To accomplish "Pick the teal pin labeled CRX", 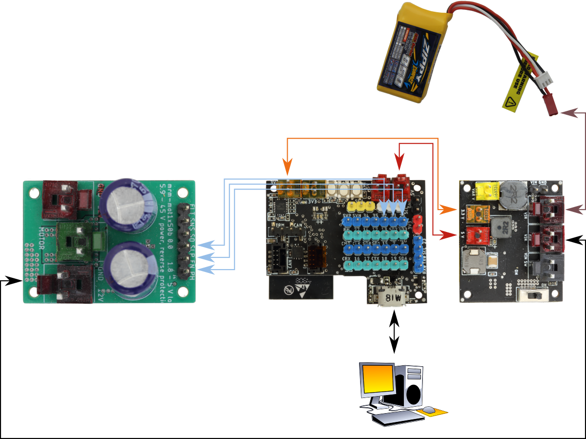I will [x=347, y=265].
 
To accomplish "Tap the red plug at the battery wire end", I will [x=551, y=108].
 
